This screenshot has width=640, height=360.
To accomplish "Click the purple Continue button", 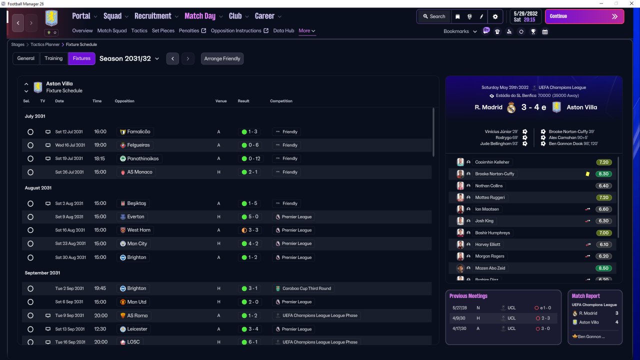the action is coord(584,16).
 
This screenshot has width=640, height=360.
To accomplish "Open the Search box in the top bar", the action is coord(434,16).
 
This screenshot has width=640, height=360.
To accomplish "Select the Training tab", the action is coord(53,58).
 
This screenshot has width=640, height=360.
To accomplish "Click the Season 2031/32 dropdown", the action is coord(129,58).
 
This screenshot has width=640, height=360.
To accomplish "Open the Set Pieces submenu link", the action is coord(163,30).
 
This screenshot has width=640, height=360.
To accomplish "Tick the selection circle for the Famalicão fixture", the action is coord(30,131).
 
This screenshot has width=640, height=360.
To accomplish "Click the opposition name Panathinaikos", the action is coord(142,158).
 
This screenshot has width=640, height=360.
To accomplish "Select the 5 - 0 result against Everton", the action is coord(250,217).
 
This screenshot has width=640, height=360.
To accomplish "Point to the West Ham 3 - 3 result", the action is coord(250,230).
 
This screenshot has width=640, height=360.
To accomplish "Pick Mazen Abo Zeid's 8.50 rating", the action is coord(603,268).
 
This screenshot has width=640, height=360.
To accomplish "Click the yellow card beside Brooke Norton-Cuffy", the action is coord(587,173).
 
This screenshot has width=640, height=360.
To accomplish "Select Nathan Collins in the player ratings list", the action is coord(488,185).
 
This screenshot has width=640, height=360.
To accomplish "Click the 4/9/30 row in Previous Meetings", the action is coord(503,318).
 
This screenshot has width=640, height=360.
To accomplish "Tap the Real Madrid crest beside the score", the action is coord(511,107).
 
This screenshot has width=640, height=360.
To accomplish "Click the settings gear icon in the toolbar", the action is coord(495,16).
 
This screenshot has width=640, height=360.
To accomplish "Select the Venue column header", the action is coord(221,101).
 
